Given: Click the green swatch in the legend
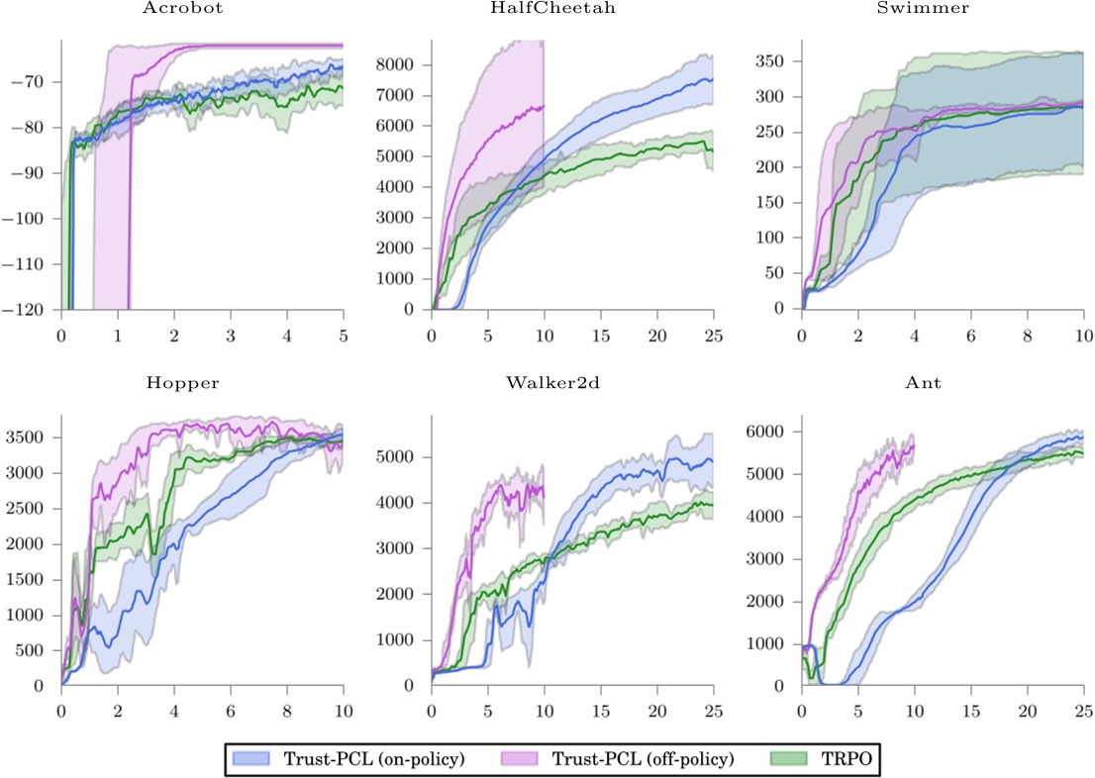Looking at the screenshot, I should (x=788, y=758).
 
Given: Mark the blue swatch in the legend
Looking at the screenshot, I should (x=250, y=758).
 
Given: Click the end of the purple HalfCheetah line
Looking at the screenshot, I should (x=544, y=106).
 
